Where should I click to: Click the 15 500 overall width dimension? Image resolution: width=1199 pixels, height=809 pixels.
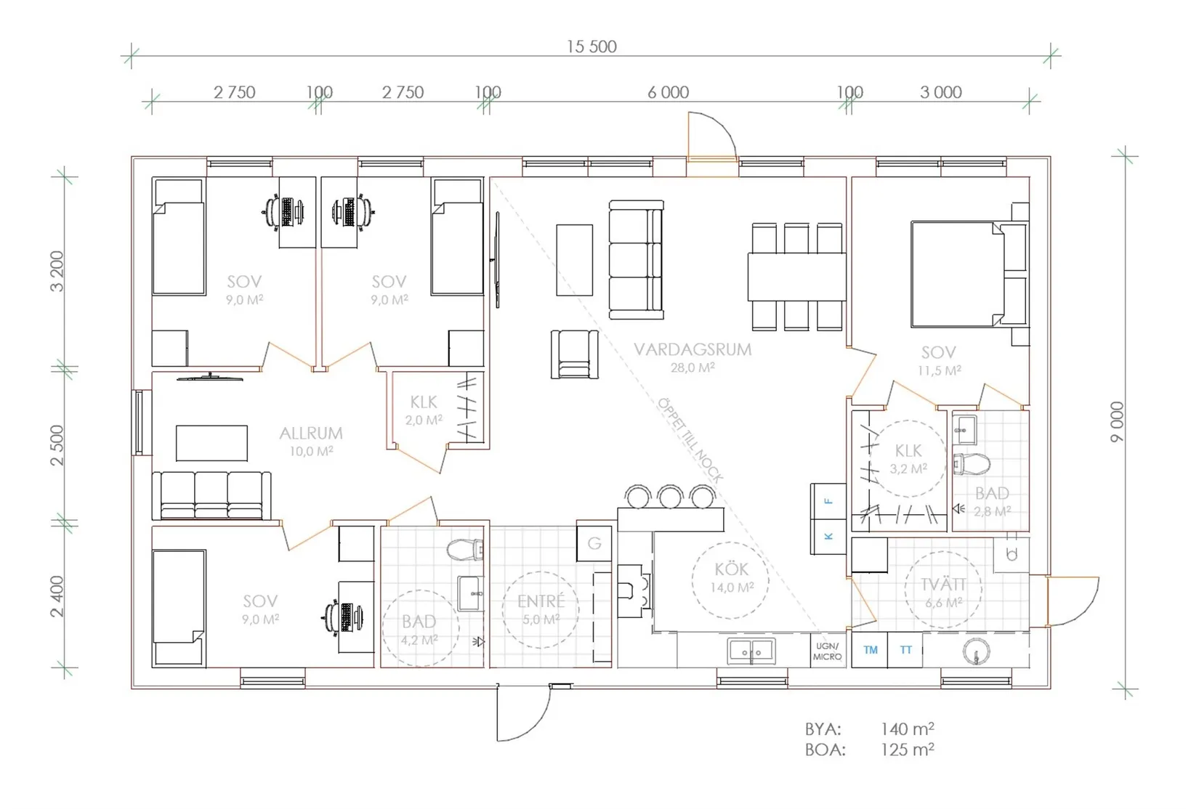(592, 46)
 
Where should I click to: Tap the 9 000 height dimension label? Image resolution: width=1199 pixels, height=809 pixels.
(1117, 422)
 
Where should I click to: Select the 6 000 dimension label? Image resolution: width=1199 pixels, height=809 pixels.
(668, 92)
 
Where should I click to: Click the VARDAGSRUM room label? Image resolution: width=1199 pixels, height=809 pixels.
(693, 349)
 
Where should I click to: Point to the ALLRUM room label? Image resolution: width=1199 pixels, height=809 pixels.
(311, 433)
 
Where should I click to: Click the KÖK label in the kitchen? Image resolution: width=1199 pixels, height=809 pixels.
(731, 569)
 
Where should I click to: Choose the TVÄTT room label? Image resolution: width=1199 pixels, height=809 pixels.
(943, 585)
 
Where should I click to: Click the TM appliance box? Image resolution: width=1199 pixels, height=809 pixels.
(870, 649)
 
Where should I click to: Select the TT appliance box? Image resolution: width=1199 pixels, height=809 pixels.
(905, 649)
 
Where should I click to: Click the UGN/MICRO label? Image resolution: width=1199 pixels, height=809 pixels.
(827, 651)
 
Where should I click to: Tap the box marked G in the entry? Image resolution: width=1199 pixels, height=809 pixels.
(594, 543)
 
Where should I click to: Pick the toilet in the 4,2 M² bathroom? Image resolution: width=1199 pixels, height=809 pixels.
(464, 550)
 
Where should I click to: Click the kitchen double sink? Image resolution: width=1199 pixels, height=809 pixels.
(751, 651)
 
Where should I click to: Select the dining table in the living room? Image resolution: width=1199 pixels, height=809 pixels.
(796, 277)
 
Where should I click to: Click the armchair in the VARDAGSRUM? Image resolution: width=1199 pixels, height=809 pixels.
(574, 354)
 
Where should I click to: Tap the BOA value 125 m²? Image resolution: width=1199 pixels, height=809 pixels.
(908, 749)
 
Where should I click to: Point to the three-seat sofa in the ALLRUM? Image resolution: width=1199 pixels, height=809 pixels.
(211, 495)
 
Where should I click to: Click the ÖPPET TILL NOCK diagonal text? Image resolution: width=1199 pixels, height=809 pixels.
(690, 440)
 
